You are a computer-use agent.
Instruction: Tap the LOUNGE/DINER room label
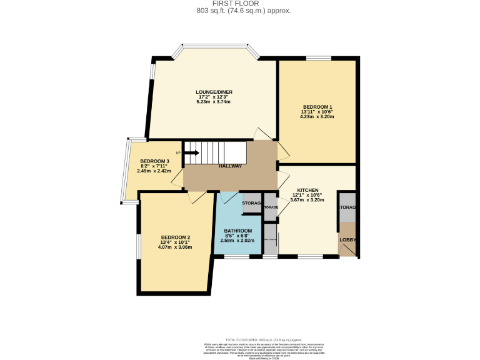215,92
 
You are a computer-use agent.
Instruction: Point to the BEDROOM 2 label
175,237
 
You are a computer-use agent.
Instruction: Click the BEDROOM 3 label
154,161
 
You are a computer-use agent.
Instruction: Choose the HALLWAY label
230,166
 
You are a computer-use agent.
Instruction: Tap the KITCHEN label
308,190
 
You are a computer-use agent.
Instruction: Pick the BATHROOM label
238,231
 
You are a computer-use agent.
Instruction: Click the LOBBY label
347,239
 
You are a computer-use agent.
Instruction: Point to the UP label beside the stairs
178,153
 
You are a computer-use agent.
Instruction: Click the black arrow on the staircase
191,152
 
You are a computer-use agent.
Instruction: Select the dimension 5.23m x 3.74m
215,102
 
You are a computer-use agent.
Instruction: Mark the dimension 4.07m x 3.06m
175,247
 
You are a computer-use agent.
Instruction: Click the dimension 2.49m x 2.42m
154,171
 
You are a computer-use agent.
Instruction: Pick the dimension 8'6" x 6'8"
238,236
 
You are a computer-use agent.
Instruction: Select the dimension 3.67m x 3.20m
308,200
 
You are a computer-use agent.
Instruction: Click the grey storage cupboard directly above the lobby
347,207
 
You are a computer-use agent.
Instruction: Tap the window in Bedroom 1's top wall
318,58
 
